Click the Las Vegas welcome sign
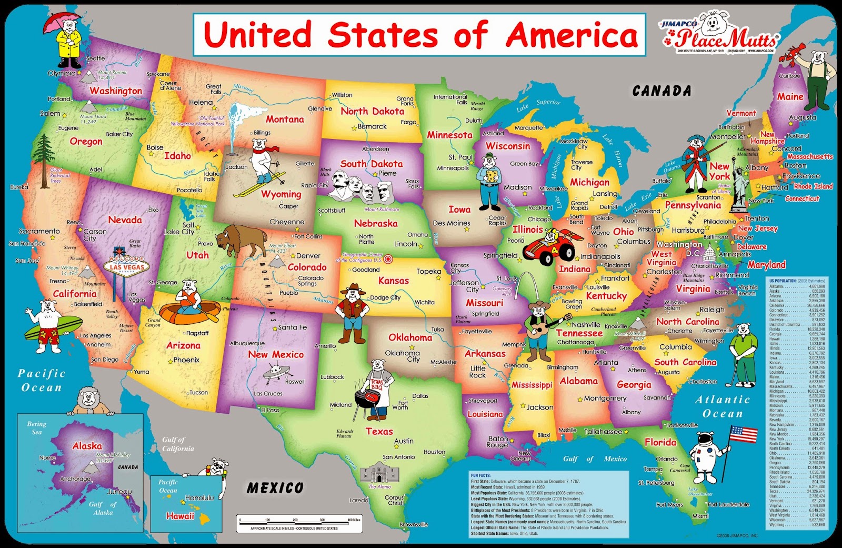click(x=126, y=264)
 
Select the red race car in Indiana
click(x=549, y=245)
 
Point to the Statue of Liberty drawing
click(x=740, y=184)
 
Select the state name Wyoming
click(x=281, y=194)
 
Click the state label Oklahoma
click(x=410, y=337)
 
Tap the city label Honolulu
click(x=199, y=497)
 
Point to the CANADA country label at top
click(x=661, y=91)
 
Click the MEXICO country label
click(x=275, y=488)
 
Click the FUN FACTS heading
click(x=482, y=475)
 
